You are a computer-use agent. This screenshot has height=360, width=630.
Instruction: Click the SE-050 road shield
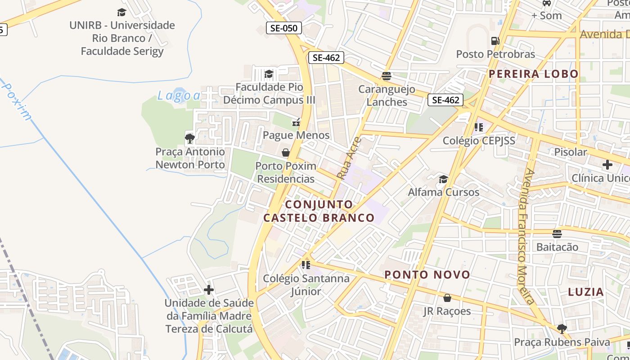(283, 28)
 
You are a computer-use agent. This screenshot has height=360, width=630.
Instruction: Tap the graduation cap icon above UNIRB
(121, 12)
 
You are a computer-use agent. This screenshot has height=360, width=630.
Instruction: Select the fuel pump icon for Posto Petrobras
(495, 41)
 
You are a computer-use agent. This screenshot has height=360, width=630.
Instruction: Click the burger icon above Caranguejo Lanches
(387, 76)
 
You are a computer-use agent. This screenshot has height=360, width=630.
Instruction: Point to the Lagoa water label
(179, 95)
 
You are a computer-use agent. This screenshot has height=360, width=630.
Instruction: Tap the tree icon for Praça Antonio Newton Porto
(190, 138)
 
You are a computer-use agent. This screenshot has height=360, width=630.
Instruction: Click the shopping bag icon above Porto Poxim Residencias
(285, 153)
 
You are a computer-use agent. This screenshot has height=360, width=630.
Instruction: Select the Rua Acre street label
(349, 158)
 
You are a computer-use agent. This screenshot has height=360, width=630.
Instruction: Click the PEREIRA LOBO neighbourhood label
(534, 74)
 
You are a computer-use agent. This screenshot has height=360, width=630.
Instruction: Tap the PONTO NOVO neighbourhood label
(427, 274)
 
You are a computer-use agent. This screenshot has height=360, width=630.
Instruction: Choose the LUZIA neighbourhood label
(585, 292)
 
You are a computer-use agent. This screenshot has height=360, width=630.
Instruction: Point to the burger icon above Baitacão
(557, 234)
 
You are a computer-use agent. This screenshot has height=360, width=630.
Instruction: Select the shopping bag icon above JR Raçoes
(447, 298)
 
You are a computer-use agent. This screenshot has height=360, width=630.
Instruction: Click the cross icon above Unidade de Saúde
(209, 290)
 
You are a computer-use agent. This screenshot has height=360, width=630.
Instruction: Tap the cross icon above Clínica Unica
(607, 165)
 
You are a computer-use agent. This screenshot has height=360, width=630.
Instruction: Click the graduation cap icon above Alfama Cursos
(443, 180)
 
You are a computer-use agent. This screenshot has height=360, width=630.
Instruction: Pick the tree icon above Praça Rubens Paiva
(562, 328)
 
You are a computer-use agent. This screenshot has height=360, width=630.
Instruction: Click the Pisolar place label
(571, 152)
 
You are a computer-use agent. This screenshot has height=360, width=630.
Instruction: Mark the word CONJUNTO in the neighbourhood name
(319, 204)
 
